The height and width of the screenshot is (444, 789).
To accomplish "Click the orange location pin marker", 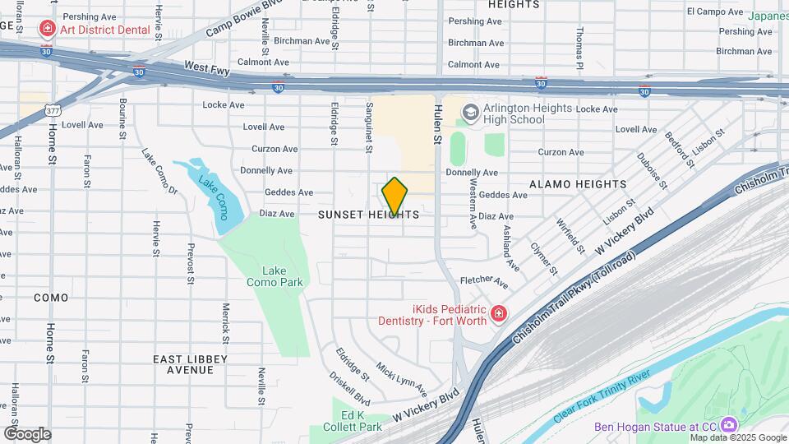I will click(x=394, y=197).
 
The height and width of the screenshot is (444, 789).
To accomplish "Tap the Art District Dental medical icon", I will click(x=48, y=30).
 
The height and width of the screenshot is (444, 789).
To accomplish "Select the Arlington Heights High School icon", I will click(x=471, y=112).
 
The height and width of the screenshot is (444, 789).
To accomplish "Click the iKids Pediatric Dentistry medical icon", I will click(x=497, y=313).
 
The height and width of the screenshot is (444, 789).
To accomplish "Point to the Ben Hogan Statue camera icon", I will click(x=728, y=425).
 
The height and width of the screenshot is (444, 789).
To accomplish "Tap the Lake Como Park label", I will click(x=275, y=276).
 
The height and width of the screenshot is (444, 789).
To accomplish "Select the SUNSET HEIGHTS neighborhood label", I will click(x=369, y=215).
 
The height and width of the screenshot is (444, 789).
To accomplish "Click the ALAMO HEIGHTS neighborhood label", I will click(x=578, y=184).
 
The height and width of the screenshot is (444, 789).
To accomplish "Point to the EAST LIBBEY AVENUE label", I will click(x=191, y=364).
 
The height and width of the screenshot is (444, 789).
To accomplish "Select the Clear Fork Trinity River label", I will click(x=603, y=396).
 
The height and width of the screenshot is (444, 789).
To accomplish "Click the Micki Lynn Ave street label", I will click(x=402, y=376).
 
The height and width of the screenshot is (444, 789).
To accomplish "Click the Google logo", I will click(x=27, y=434).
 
